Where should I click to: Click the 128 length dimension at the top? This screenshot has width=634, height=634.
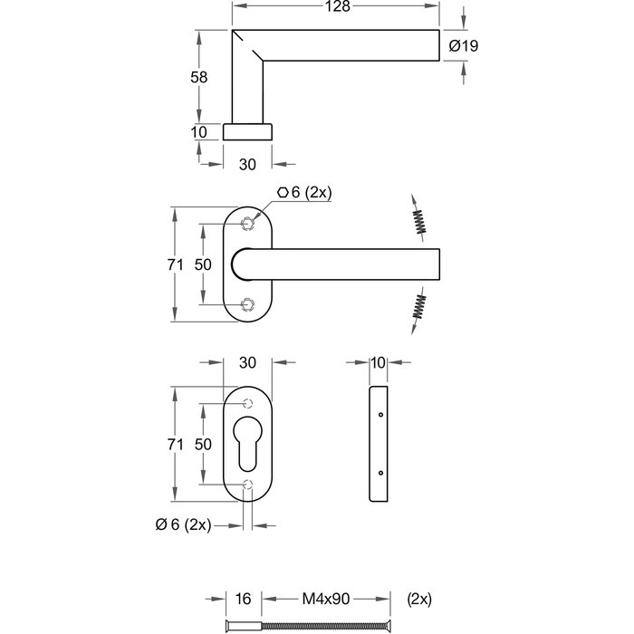[337, 7]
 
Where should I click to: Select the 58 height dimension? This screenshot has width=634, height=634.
[199, 77]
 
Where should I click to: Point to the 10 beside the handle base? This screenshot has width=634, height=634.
[199, 132]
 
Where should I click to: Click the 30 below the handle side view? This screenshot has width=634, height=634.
[247, 164]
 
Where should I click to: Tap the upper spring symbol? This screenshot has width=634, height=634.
[418, 218]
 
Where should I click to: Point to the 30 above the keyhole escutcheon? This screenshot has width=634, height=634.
[247, 362]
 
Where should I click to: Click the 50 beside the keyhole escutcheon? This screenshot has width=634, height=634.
[204, 444]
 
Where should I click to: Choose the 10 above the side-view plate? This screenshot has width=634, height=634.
[378, 362]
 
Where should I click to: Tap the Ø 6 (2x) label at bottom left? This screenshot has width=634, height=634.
[183, 524]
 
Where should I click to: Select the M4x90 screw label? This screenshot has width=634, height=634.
[325, 599]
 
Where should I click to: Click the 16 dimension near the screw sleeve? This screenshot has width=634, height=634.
[243, 599]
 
